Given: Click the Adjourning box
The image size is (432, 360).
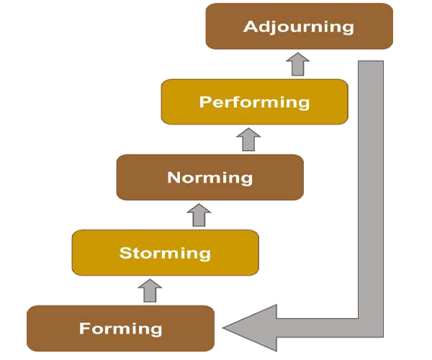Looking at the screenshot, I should coord(299,27).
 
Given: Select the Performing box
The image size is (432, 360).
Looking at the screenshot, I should coord(254,102).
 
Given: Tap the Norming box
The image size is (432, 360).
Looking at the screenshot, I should coord(210,177).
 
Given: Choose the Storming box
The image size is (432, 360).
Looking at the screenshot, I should coord(165,253).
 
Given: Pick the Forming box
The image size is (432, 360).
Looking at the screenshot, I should coord(120,329).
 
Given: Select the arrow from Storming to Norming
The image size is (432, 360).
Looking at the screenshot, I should coord(199,215).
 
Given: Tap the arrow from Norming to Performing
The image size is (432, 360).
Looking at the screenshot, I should coord(248,139).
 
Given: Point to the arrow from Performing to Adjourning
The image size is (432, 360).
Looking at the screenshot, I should coord(297,64).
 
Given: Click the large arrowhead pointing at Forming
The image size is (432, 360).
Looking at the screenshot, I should coord(248,328).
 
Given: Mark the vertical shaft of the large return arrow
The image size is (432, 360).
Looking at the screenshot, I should coord(371,180).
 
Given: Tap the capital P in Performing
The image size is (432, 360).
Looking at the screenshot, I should coord(205,102).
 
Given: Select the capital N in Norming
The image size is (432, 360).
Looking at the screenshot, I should coord(174,177).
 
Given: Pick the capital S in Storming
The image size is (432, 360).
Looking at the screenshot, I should coord(125,253).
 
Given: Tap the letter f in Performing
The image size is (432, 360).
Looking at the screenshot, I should coord(239,101).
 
